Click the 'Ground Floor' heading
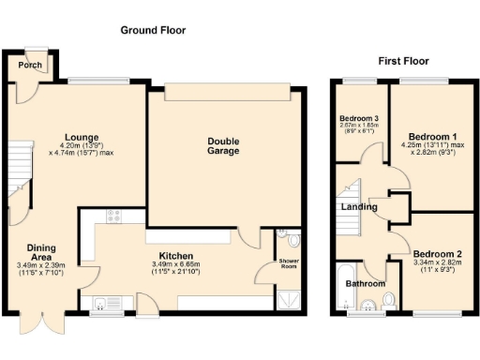[x=153, y=31]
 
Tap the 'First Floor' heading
[x=403, y=61]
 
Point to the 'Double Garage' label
[x=223, y=145]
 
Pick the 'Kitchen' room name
[x=175, y=255]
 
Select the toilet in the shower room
[x=293, y=238]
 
